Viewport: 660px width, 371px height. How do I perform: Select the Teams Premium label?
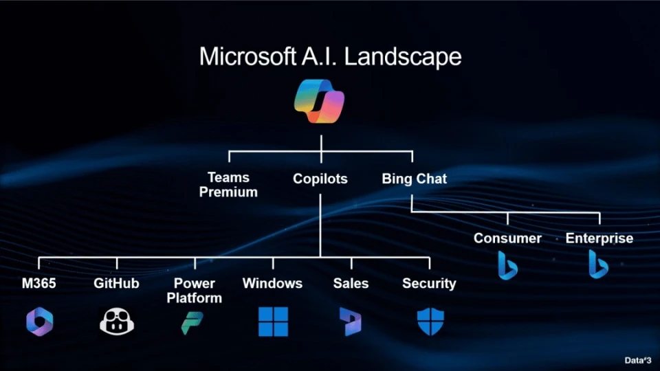228,185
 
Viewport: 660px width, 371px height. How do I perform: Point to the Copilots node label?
320,179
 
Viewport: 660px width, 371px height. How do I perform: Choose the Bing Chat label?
414,179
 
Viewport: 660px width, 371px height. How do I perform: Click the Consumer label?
507,238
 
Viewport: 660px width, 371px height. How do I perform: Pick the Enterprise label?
599,238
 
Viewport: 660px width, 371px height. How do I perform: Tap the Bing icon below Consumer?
507,265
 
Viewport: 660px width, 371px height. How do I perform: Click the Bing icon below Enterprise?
599,265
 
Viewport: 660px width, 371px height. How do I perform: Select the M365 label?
39,283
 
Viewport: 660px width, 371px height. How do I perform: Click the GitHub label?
116,283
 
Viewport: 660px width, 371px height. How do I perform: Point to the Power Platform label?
195,290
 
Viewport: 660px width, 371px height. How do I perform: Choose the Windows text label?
272,283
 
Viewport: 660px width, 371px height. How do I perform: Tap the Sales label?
351,283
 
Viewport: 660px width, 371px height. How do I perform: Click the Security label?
429,283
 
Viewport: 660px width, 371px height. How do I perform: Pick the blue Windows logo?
273,322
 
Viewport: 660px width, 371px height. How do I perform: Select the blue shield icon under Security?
430,322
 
